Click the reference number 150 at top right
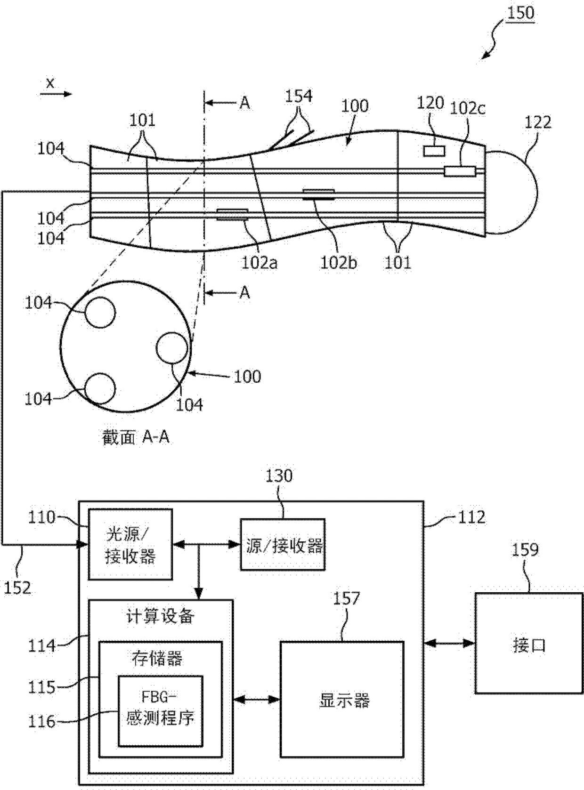pyautogui.click(x=520, y=14)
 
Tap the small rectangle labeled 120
pyautogui.click(x=434, y=151)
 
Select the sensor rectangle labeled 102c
pyautogui.click(x=460, y=171)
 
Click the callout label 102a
pyautogui.click(x=260, y=263)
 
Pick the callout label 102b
pyautogui.click(x=339, y=263)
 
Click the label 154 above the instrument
pyautogui.click(x=299, y=96)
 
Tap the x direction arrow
pyautogui.click(x=56, y=94)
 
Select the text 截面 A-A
pyautogui.click(x=135, y=438)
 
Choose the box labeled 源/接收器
pyautogui.click(x=283, y=545)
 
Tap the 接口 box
pyautogui.click(x=529, y=643)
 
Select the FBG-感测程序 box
pyautogui.click(x=161, y=715)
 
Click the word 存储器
pyautogui.click(x=157, y=659)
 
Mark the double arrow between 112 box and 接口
pyautogui.click(x=449, y=643)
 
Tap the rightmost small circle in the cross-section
pyautogui.click(x=172, y=348)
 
